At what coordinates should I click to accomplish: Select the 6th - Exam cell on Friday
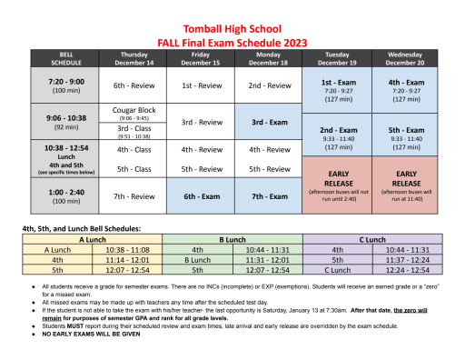201,196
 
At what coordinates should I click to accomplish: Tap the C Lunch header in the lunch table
373,239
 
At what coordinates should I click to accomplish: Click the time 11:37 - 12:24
405,258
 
